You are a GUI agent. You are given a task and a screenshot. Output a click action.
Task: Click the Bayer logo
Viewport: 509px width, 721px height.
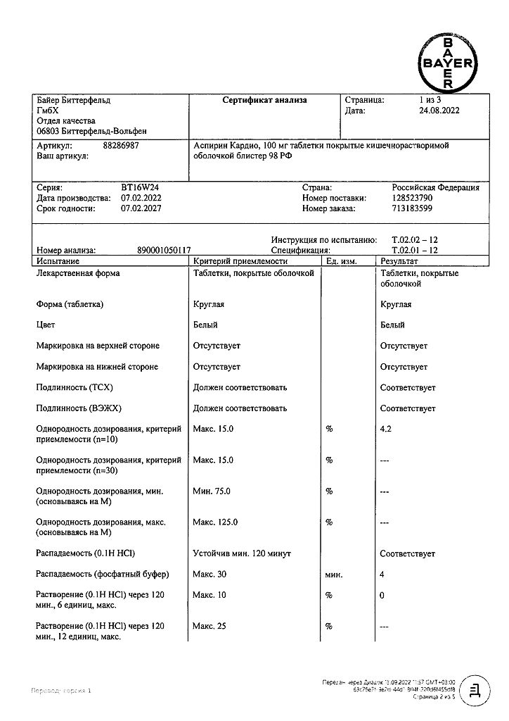pyautogui.click(x=448, y=63)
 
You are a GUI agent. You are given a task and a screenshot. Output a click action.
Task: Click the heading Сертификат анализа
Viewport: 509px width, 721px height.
pyautogui.click(x=264, y=101)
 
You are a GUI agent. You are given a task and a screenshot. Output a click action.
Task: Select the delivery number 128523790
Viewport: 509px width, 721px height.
pyautogui.click(x=413, y=199)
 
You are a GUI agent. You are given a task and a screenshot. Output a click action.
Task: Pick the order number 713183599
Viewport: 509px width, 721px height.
pyautogui.click(x=413, y=208)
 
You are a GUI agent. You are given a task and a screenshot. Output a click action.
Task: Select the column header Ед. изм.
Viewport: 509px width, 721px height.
pyautogui.click(x=342, y=261)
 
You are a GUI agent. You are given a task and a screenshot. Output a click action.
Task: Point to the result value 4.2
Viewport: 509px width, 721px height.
pyautogui.click(x=385, y=429)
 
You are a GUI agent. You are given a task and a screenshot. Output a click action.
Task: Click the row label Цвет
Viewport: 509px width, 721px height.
pyautogui.click(x=45, y=325)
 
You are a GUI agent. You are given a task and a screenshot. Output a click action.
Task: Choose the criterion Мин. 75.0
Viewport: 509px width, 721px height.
pyautogui.click(x=212, y=491)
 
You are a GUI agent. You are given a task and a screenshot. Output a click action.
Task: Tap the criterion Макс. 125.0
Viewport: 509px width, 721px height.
pyautogui.click(x=215, y=522)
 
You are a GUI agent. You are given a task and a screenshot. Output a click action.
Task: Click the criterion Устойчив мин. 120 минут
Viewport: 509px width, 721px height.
pyautogui.click(x=242, y=554)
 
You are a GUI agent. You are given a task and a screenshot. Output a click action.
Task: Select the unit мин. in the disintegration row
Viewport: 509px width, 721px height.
pyautogui.click(x=334, y=575)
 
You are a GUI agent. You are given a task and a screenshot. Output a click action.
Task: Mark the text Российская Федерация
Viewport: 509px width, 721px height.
pyautogui.click(x=435, y=188)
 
